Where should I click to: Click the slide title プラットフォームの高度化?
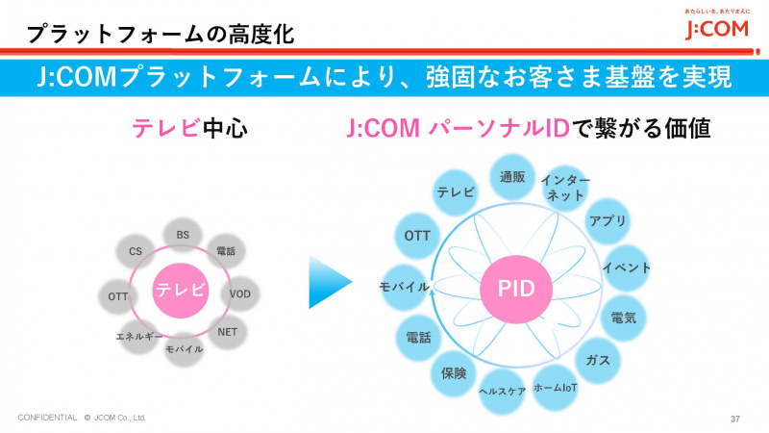[x=160, y=34]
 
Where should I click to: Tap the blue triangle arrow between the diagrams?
[x=329, y=282]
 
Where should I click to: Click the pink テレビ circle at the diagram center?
[x=181, y=290]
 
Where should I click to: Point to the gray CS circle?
[x=136, y=251]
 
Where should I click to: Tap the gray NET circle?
[x=227, y=332]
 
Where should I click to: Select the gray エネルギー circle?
[x=137, y=337]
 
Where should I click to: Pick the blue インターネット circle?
[x=565, y=188]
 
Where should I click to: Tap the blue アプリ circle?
[x=608, y=221]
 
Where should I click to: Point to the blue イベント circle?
[x=626, y=267]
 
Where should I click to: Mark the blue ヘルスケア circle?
[x=503, y=392]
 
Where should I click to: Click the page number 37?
[x=734, y=419]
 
